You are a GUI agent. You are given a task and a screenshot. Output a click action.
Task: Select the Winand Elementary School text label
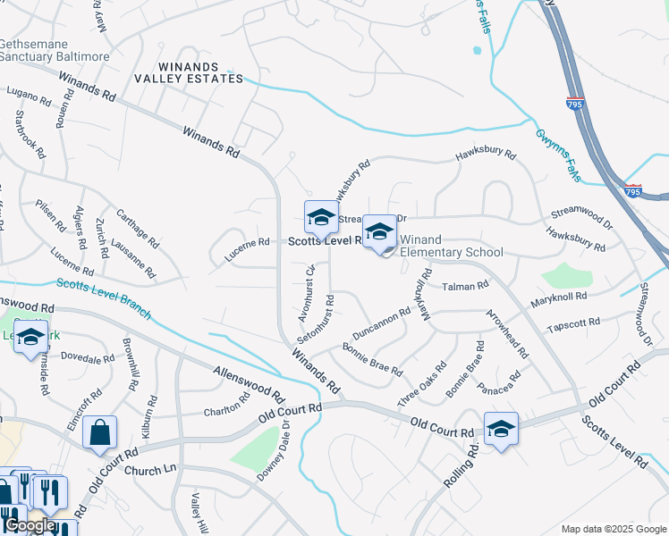click(451, 246)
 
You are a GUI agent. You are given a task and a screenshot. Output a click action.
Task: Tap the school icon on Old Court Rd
click(501, 428)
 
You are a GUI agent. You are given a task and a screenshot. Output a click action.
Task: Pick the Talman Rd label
click(465, 286)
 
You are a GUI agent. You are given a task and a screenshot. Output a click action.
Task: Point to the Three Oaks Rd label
click(422, 381)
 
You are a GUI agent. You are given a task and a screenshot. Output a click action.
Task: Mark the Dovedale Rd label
click(88, 359)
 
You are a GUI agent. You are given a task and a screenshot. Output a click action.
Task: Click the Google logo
click(29, 525)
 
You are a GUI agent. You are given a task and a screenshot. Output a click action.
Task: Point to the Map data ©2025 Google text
click(612, 529)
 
